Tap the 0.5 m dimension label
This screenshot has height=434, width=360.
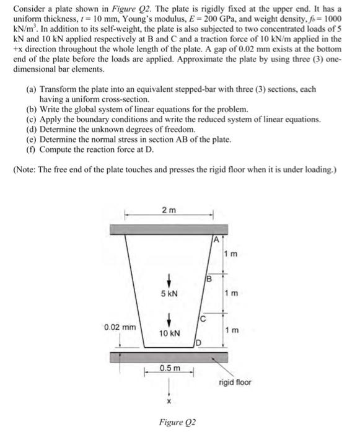coord(169,368)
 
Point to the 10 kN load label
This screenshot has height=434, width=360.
coord(169,333)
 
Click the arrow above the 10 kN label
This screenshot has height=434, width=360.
coord(169,320)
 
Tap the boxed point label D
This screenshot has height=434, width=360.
coord(198,342)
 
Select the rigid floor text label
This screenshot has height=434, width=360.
coord(235,383)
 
